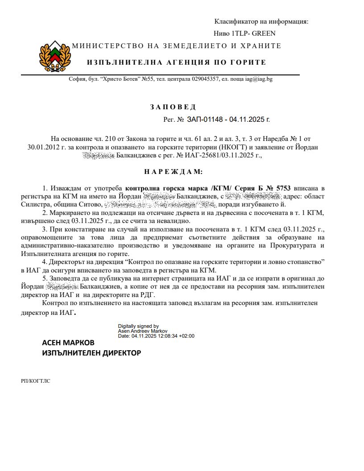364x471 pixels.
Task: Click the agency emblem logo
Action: (55, 56)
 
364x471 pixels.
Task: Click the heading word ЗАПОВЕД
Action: (173, 107)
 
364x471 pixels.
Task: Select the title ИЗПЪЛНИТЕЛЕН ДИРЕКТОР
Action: (91, 353)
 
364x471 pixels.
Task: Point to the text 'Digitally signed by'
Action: (138, 326)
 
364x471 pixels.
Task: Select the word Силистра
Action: (33, 205)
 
